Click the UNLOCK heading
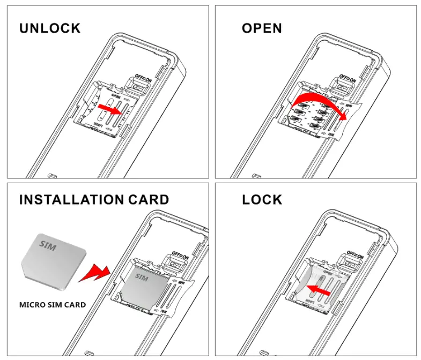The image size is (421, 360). pyautogui.click(x=50, y=28)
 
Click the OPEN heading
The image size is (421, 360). pyautogui.click(x=261, y=28)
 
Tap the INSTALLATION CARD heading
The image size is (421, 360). pyautogui.click(x=94, y=200)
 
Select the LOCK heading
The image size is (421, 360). pyautogui.click(x=262, y=200)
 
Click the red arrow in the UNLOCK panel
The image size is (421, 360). pyautogui.click(x=110, y=110)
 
